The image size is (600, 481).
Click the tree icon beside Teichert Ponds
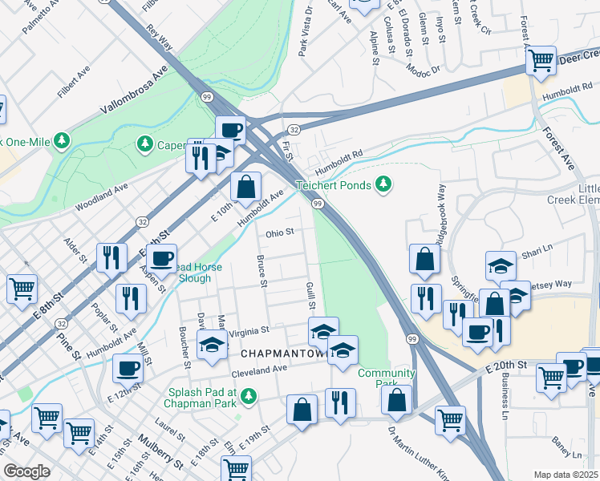click(x=384, y=185)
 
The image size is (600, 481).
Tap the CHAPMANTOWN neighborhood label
click(x=286, y=354)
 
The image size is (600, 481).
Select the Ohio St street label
click(x=281, y=232)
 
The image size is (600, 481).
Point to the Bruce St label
click(x=261, y=270)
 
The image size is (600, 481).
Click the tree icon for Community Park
click(x=392, y=386)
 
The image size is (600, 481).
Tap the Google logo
click(x=26, y=471)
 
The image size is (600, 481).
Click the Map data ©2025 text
click(x=566, y=475)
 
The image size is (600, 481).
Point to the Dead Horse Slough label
click(x=184, y=273)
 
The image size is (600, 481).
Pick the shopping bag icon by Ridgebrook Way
click(x=424, y=259)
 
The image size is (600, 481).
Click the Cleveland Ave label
click(x=259, y=370)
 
